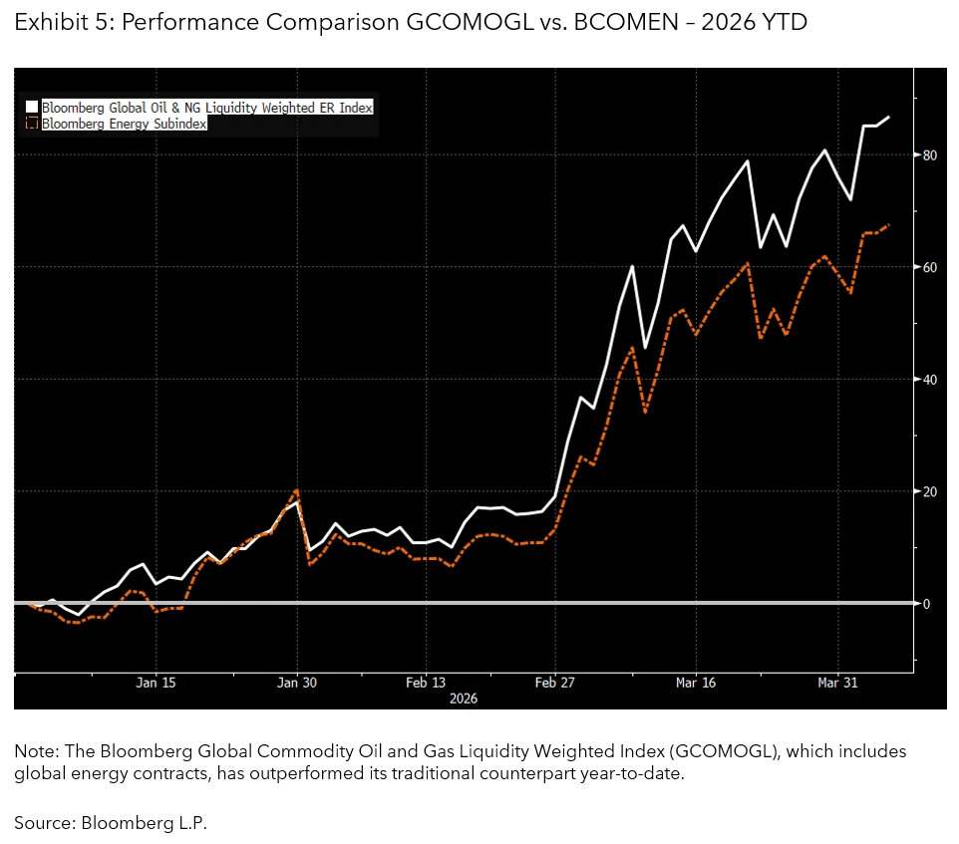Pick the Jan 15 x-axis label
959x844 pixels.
point(156,683)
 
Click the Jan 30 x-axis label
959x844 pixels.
point(296,683)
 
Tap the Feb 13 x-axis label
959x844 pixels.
point(426,683)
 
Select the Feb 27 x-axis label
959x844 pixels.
point(555,683)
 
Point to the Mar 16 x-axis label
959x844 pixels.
point(696,683)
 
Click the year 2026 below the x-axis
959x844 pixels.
point(463,699)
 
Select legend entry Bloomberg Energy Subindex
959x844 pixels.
point(125,124)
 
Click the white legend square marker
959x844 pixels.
point(32,107)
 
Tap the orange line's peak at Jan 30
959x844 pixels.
point(296,490)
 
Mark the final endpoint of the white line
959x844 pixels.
point(889,117)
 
